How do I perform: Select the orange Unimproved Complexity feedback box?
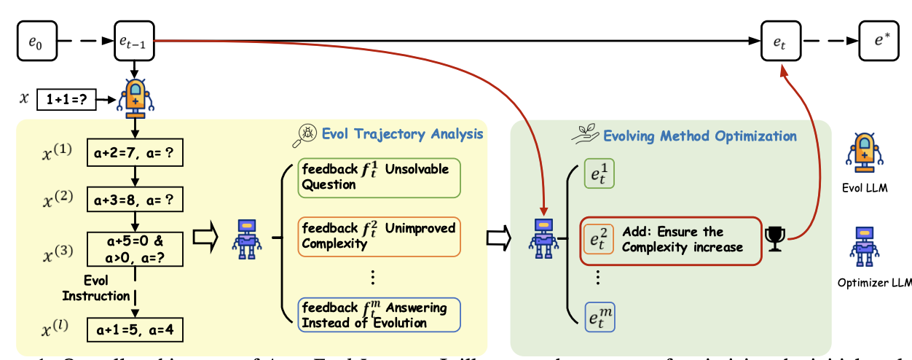point(380,235)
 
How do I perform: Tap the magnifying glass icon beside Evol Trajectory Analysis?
point(305,133)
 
